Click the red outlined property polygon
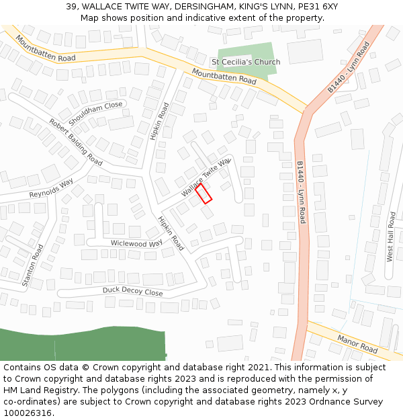tap(204, 194)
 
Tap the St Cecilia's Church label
tap(246, 62)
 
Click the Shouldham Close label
tap(96, 110)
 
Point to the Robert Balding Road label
tap(75, 142)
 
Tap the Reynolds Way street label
tap(51, 189)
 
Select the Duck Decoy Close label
tap(132, 291)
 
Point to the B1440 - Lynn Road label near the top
tap(349, 68)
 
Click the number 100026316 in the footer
tap(28, 413)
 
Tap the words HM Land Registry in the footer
tap(39, 390)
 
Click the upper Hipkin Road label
tap(160, 122)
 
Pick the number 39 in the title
tap(71, 7)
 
